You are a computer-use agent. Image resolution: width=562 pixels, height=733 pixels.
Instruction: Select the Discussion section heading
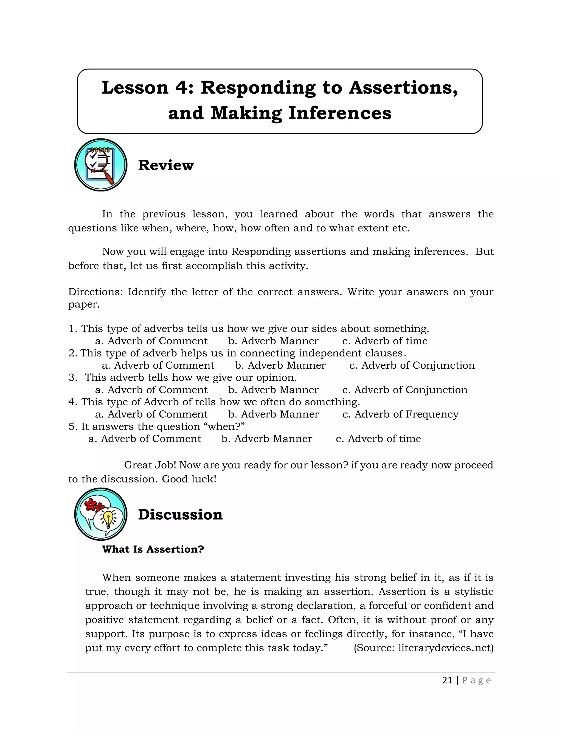coord(180,515)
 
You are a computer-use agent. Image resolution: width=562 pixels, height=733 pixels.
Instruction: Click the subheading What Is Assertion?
coord(153,549)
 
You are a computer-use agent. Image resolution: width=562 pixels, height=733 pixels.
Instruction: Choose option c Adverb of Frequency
coord(400,414)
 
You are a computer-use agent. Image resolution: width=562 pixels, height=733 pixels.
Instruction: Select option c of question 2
coord(412,366)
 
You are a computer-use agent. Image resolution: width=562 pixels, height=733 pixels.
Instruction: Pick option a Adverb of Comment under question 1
coord(151,341)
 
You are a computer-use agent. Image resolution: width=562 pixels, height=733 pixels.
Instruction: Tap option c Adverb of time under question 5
coord(378,439)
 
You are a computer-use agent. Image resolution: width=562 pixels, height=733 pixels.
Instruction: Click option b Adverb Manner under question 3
coord(273,390)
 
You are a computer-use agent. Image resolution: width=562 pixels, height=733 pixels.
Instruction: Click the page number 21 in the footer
coord(447,681)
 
